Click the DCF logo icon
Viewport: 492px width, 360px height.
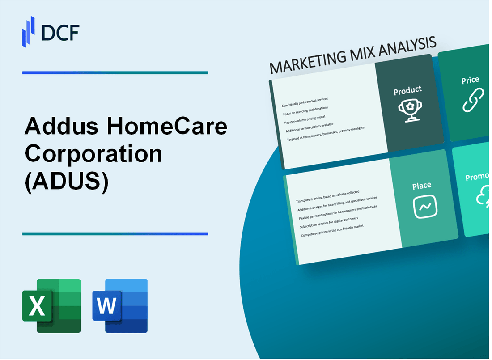[x=29, y=31]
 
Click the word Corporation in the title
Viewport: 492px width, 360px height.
[x=93, y=154]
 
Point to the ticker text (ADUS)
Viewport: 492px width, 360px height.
[x=67, y=181]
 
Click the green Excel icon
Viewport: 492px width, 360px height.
[x=51, y=305]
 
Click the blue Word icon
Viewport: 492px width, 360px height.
[x=120, y=305]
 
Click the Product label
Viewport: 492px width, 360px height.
[x=407, y=90]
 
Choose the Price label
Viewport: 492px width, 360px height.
[x=470, y=80]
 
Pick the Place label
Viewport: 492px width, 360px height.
[x=421, y=185]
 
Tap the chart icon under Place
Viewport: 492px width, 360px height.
[x=424, y=207]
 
